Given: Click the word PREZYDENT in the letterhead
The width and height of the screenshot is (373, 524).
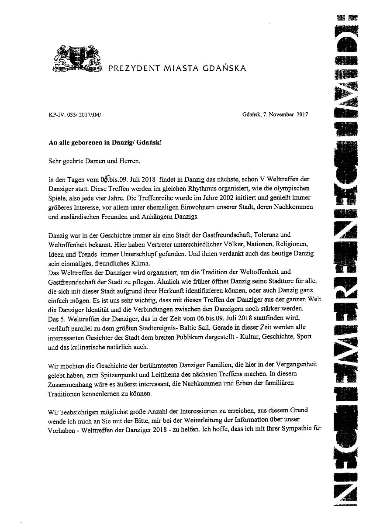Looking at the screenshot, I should (x=128, y=68).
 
